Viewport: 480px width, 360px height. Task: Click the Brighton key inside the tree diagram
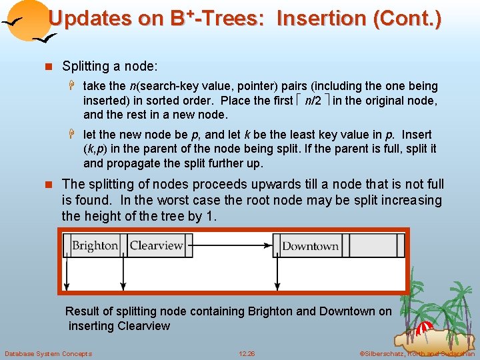pyautogui.click(x=95, y=246)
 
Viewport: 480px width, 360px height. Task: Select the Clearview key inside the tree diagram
pyautogui.click(x=156, y=245)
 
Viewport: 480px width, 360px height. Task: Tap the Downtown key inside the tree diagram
pyautogui.click(x=310, y=246)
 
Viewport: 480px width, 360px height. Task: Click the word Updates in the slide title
pyautogui.click(x=90, y=18)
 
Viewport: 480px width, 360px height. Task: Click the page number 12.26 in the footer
pyautogui.click(x=247, y=353)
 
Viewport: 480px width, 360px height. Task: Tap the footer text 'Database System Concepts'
pyautogui.click(x=48, y=353)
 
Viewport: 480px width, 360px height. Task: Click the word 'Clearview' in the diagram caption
pyautogui.click(x=143, y=326)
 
